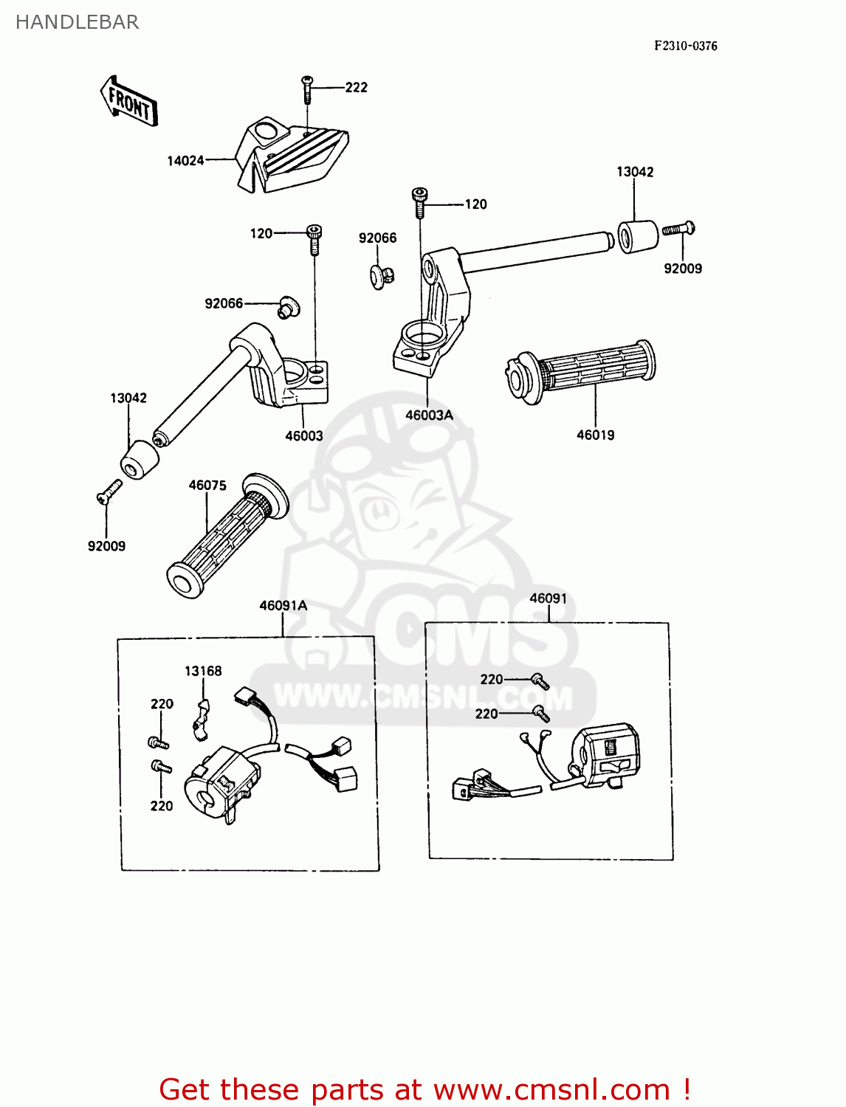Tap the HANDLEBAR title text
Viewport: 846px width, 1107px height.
click(77, 22)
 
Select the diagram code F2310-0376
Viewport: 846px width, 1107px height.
click(685, 46)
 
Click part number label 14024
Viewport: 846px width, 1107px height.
click(185, 160)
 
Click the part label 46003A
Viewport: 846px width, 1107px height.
click(429, 415)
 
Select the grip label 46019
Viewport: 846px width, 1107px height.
click(595, 435)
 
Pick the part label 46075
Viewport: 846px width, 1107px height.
click(207, 485)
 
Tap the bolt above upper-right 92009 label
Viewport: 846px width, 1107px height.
click(679, 229)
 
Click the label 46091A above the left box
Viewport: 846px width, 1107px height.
click(283, 605)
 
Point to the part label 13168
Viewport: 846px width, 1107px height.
click(203, 671)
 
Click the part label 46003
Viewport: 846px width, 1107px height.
click(304, 435)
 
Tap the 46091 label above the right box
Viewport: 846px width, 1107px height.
click(548, 599)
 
